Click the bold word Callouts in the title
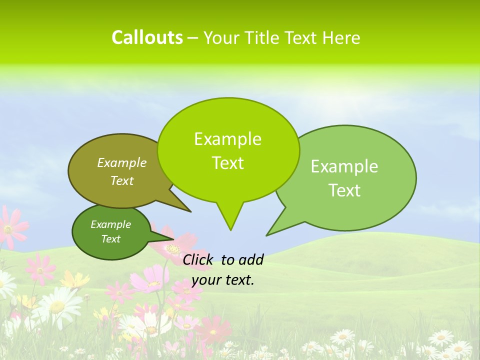pyautogui.click(x=147, y=37)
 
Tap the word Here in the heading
pyautogui.click(x=341, y=37)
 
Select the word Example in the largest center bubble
pyautogui.click(x=227, y=139)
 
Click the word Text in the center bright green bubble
pyautogui.click(x=227, y=163)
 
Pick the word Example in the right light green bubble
pyautogui.click(x=344, y=166)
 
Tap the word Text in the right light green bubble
pyautogui.click(x=344, y=190)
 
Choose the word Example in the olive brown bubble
pyautogui.click(x=122, y=162)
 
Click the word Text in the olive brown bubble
pyautogui.click(x=122, y=180)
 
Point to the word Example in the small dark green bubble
pyautogui.click(x=110, y=224)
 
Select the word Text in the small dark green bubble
pyautogui.click(x=110, y=239)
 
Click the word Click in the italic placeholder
pyautogui.click(x=198, y=259)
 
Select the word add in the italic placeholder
pyautogui.click(x=250, y=259)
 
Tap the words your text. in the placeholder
pyautogui.click(x=222, y=280)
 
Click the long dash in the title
pyautogui.click(x=193, y=38)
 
